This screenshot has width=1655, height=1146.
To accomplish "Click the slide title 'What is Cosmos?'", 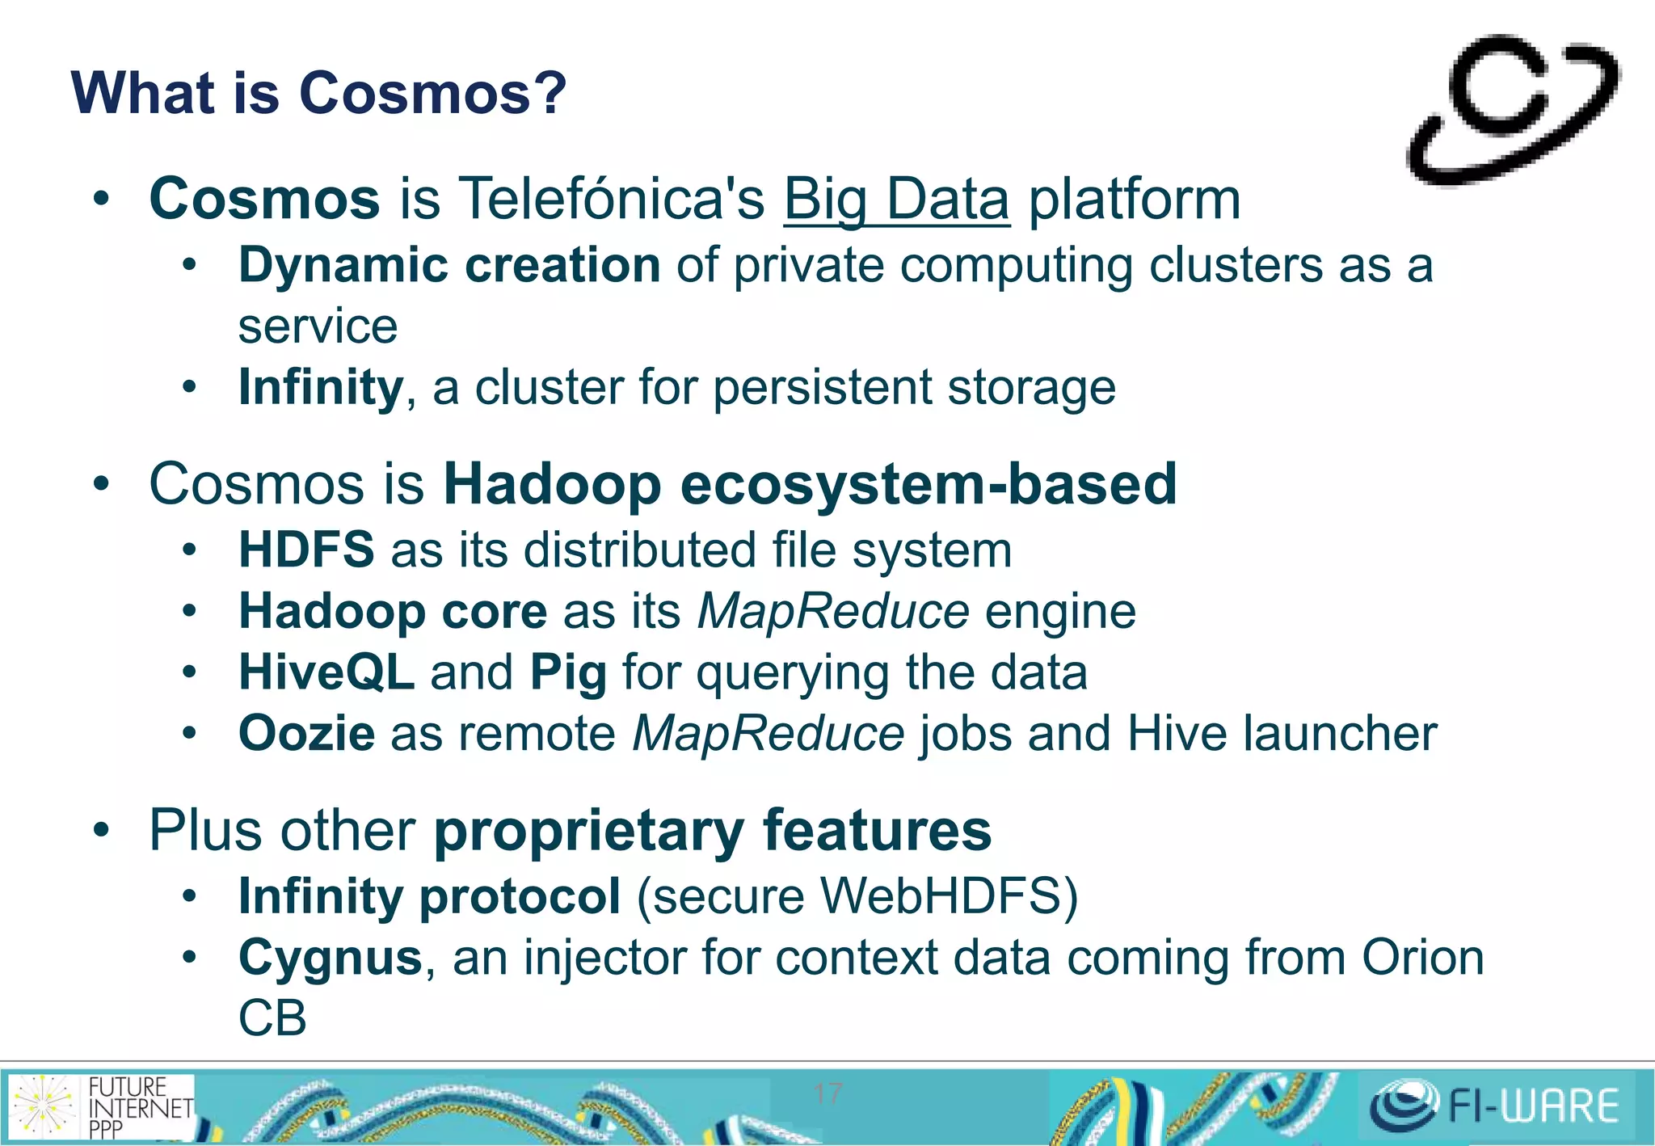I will pyautogui.click(x=318, y=94).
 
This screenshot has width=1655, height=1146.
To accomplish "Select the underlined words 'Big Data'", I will pyautogui.click(x=896, y=200).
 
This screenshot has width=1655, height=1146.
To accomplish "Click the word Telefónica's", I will pyautogui.click(x=612, y=200).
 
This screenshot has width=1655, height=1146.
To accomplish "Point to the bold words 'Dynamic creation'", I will pyautogui.click(x=449, y=266).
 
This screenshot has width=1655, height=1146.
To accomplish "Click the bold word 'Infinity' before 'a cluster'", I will pyautogui.click(x=320, y=388).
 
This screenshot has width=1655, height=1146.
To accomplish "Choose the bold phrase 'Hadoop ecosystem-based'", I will pyautogui.click(x=810, y=485).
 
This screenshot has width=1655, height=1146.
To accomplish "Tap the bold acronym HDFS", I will pyautogui.click(x=306, y=550).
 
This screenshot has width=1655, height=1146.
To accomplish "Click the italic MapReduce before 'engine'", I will pyautogui.click(x=833, y=612).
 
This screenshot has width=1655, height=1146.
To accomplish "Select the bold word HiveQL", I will pyautogui.click(x=326, y=672).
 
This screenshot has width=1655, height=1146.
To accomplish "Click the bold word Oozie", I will pyautogui.click(x=306, y=734).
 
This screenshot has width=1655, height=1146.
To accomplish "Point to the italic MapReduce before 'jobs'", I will pyautogui.click(x=768, y=734).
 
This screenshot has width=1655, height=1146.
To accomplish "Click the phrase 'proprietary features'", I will pyautogui.click(x=712, y=832).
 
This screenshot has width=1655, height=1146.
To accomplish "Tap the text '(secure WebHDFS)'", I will pyautogui.click(x=857, y=897).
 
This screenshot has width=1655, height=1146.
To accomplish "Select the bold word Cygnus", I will pyautogui.click(x=331, y=959).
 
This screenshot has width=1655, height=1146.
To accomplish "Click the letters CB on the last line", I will pyautogui.click(x=272, y=1018).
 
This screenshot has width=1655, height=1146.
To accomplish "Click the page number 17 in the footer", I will pyautogui.click(x=828, y=1093).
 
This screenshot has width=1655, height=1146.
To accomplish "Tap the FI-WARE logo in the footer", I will pyautogui.click(x=1495, y=1106).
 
